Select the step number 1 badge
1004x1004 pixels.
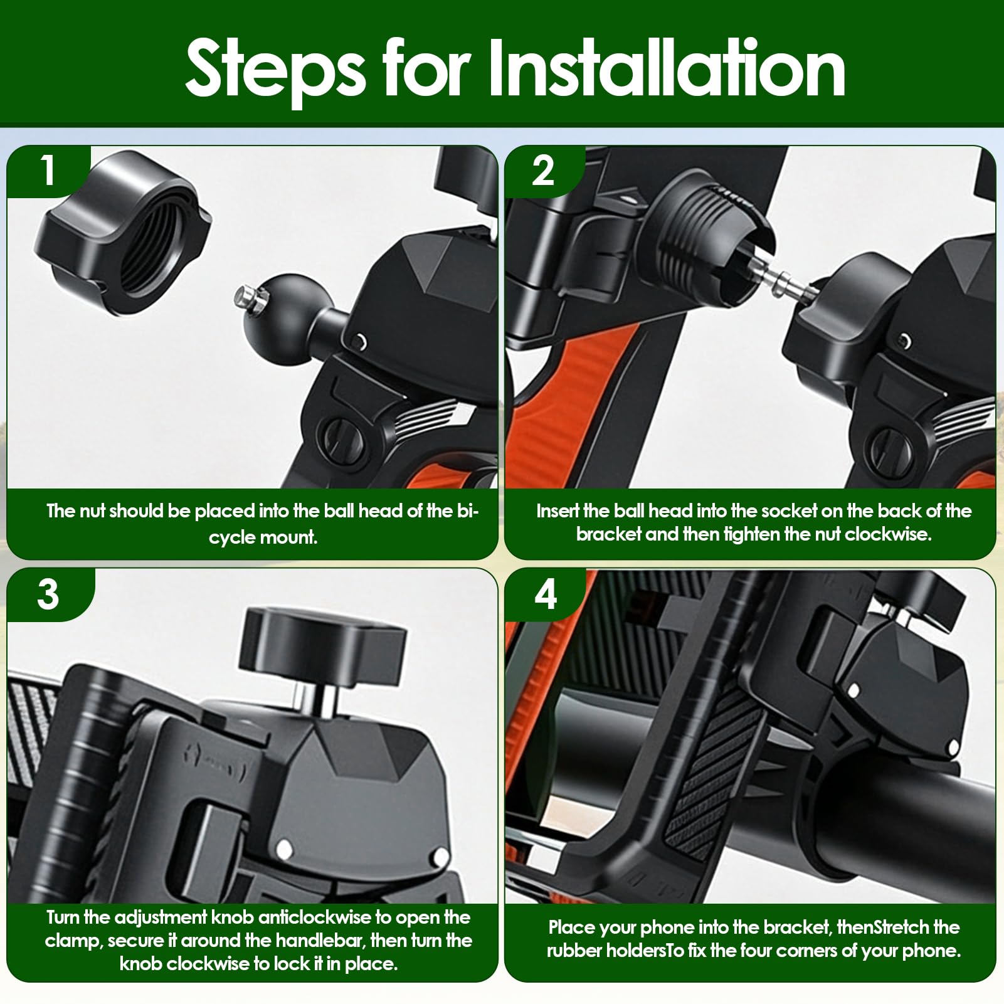click(48, 170)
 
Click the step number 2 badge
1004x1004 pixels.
click(543, 170)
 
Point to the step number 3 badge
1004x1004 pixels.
click(48, 593)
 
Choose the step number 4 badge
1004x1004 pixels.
click(546, 593)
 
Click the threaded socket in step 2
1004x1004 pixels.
click(712, 235)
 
